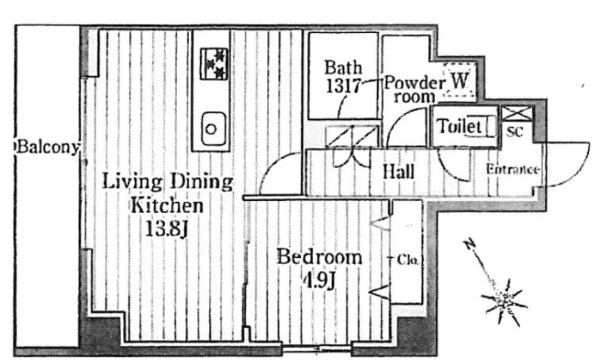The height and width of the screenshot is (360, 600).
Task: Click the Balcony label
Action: pyautogui.click(x=47, y=147)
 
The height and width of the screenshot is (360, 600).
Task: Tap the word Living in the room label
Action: pyautogui.click(x=133, y=181)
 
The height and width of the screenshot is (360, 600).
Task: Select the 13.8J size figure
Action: pyautogui.click(x=166, y=229)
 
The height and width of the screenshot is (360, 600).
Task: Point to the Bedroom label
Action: pyautogui.click(x=319, y=256)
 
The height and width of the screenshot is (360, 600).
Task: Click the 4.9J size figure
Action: pyautogui.click(x=319, y=281)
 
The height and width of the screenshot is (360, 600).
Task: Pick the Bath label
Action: pyautogui.click(x=343, y=67)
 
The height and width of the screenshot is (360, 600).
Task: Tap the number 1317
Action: pyautogui.click(x=343, y=85)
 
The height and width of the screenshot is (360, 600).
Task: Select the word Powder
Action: pyautogui.click(x=415, y=83)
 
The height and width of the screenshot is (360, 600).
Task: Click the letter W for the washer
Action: pyautogui.click(x=460, y=81)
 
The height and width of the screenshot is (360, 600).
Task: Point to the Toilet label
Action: pyautogui.click(x=459, y=126)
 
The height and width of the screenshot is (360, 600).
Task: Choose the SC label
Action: pyautogui.click(x=514, y=132)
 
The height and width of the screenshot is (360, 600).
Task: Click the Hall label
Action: pyautogui.click(x=399, y=172)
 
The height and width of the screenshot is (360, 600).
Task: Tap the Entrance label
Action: pyautogui.click(x=513, y=169)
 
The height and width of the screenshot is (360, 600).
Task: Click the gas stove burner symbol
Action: pyautogui.click(x=214, y=64)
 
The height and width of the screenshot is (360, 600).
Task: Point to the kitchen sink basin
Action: pyautogui.click(x=213, y=129)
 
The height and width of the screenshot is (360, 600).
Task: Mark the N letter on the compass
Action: pyautogui.click(x=469, y=244)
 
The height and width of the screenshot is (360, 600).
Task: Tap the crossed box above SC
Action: pyautogui.click(x=517, y=113)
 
